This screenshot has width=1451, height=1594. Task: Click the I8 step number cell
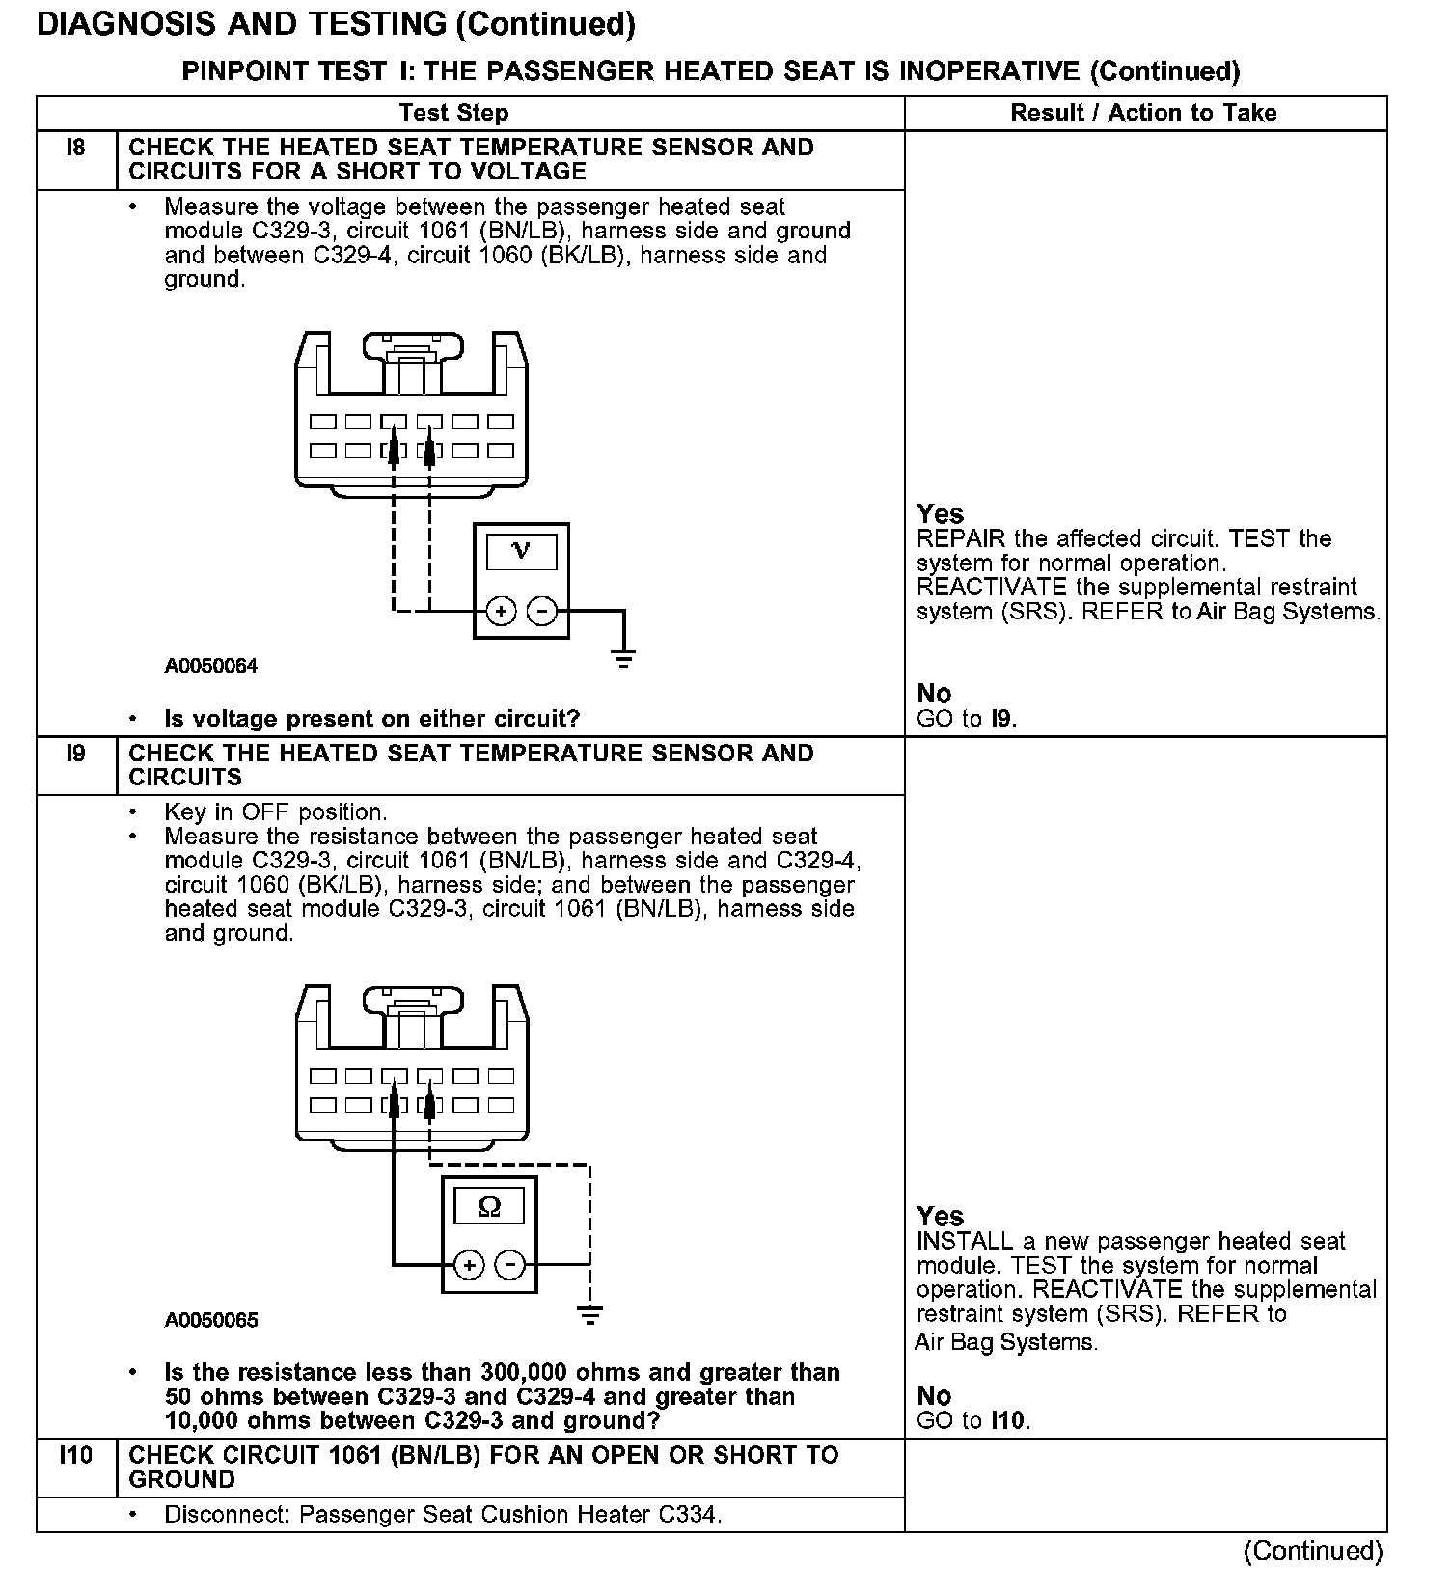coord(75,149)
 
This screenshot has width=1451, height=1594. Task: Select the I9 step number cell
coord(75,754)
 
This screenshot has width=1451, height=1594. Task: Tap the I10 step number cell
coord(75,1455)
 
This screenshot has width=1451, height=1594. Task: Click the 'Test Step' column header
coord(453,113)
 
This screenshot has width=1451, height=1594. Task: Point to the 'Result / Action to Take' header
coord(1143,113)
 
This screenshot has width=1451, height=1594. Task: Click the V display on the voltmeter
coord(521,551)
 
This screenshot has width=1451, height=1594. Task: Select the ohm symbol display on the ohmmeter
coord(489,1207)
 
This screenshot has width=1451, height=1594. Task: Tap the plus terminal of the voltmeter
coord(501,611)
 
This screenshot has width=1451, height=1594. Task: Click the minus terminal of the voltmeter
coord(542,611)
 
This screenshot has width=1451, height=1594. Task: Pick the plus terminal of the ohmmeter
coord(468,1265)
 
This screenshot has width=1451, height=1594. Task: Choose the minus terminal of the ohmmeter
coord(510,1265)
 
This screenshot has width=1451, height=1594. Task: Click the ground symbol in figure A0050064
coord(624,659)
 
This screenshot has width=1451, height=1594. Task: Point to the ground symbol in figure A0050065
coord(589,1314)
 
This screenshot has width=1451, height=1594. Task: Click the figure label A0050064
coord(211,666)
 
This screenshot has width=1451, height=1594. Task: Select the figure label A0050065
coord(211,1320)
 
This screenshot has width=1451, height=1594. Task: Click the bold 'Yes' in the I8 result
coord(940,514)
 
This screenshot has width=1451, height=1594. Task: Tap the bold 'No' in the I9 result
coord(934,1396)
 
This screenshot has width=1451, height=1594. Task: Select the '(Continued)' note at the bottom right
coord(1312,1551)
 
